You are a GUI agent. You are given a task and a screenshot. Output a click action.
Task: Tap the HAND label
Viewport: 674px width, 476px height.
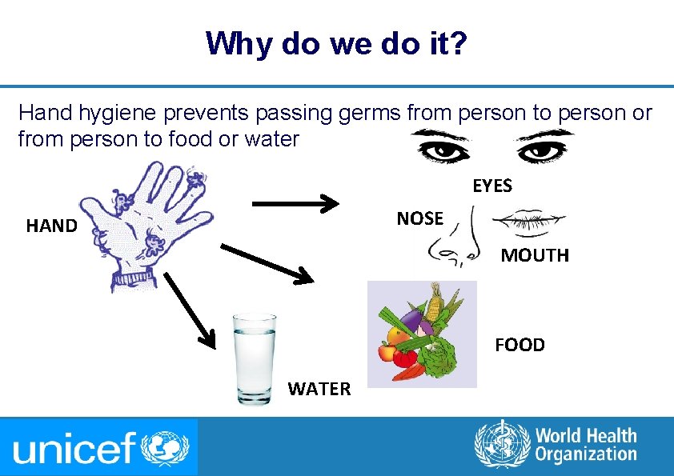[x=51, y=226]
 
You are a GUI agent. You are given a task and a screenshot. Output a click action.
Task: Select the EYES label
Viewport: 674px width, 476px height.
[x=492, y=186]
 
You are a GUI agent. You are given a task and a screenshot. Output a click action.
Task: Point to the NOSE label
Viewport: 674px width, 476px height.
[x=419, y=218]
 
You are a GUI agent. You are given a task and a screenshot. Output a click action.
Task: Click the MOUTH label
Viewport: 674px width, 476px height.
[x=535, y=256]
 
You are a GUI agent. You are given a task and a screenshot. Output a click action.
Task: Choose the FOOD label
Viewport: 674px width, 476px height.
[x=520, y=345]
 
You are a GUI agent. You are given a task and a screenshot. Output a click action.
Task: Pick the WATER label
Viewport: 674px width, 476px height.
[x=319, y=389]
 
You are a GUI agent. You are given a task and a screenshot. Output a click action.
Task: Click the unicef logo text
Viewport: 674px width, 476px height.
[x=76, y=449]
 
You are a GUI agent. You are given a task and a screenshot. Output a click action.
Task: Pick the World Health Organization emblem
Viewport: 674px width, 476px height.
[x=502, y=445]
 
